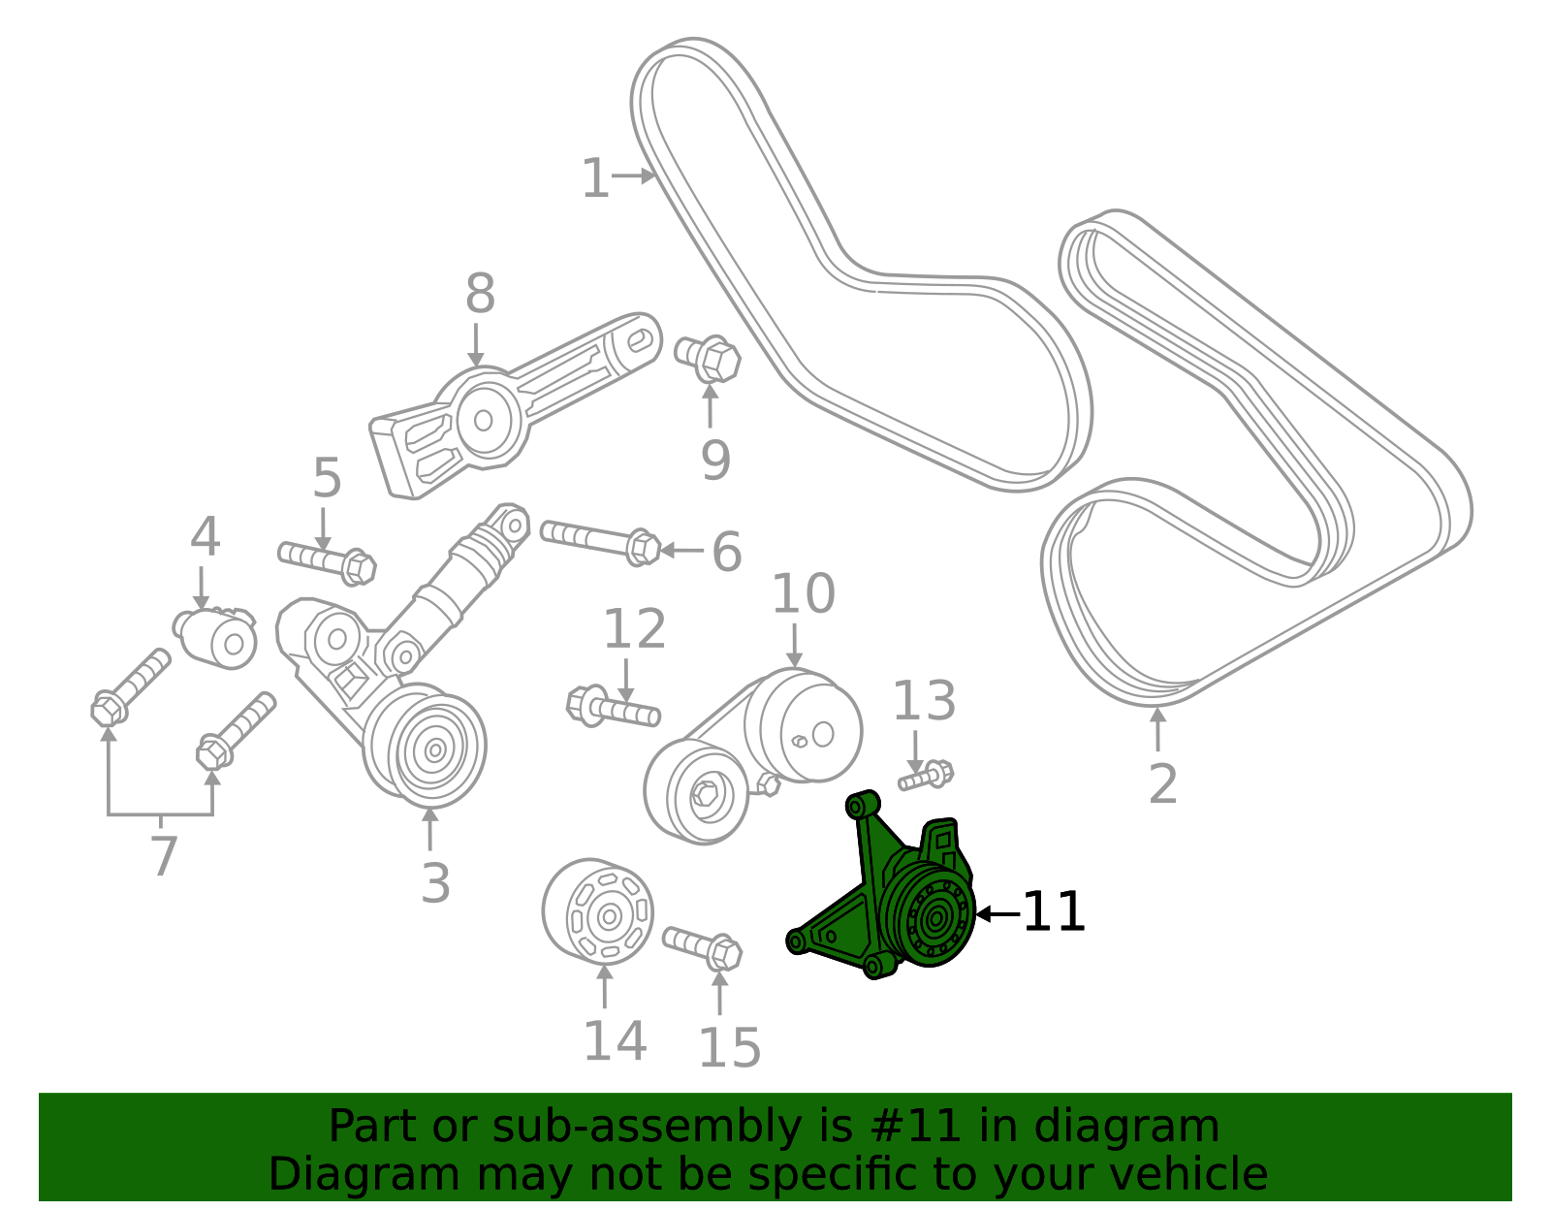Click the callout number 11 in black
(x=1054, y=913)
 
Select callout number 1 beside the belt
(x=595, y=179)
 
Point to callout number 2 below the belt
(x=1162, y=784)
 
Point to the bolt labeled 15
(x=703, y=946)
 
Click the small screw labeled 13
(x=926, y=776)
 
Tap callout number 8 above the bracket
(x=480, y=294)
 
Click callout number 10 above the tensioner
(x=803, y=593)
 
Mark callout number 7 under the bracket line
(x=164, y=856)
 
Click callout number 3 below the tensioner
(x=435, y=883)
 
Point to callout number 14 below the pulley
(x=615, y=1041)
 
